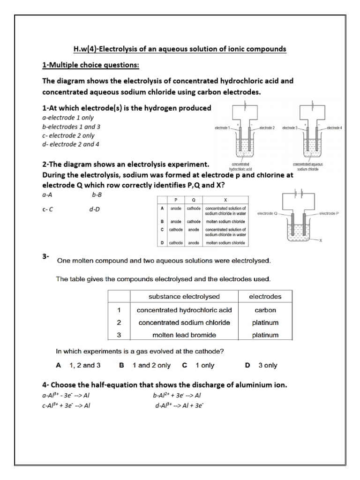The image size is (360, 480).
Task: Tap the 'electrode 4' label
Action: [x=334, y=127]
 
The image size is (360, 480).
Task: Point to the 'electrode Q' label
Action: [x=268, y=213]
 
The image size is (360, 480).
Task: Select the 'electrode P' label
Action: [x=331, y=213]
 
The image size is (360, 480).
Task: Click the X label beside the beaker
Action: [x=321, y=240]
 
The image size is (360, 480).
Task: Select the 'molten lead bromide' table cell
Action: [x=184, y=335]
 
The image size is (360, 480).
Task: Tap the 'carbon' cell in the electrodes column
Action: [x=265, y=310]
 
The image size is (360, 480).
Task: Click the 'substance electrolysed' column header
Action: [x=184, y=296]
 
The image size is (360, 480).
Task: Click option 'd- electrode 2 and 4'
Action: [x=71, y=144]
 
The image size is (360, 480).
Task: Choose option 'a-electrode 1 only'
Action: [x=68, y=118]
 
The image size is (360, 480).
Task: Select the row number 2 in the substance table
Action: [x=119, y=322]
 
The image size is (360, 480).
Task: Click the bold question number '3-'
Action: [x=46, y=256]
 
